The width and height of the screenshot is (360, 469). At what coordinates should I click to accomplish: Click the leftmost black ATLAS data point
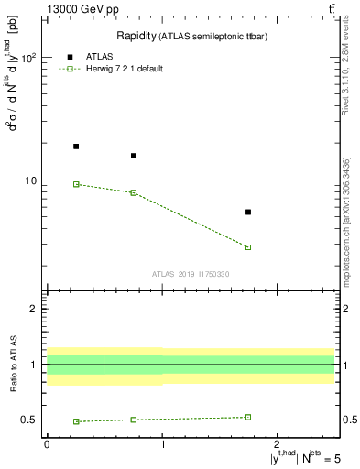coord(76,147)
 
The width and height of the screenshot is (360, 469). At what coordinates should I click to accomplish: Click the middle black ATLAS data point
coord(134,156)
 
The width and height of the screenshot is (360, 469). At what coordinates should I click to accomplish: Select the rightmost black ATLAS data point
coord(248,212)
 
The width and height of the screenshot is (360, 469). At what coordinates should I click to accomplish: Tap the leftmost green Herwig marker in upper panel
coord(76,184)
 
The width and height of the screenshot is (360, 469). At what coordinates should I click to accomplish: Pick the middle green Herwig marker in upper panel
coord(134,192)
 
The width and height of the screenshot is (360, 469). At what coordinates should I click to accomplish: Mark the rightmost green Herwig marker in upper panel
coord(248,247)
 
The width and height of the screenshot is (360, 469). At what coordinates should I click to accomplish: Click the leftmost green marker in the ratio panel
coord(76,421)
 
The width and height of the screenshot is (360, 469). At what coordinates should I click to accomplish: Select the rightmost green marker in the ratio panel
coord(248,417)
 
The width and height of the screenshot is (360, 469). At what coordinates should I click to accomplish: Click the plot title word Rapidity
coord(135,36)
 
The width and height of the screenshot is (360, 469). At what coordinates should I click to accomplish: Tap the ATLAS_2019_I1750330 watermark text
coord(191,274)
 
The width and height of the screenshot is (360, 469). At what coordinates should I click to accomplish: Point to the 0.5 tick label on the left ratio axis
coord(31,420)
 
